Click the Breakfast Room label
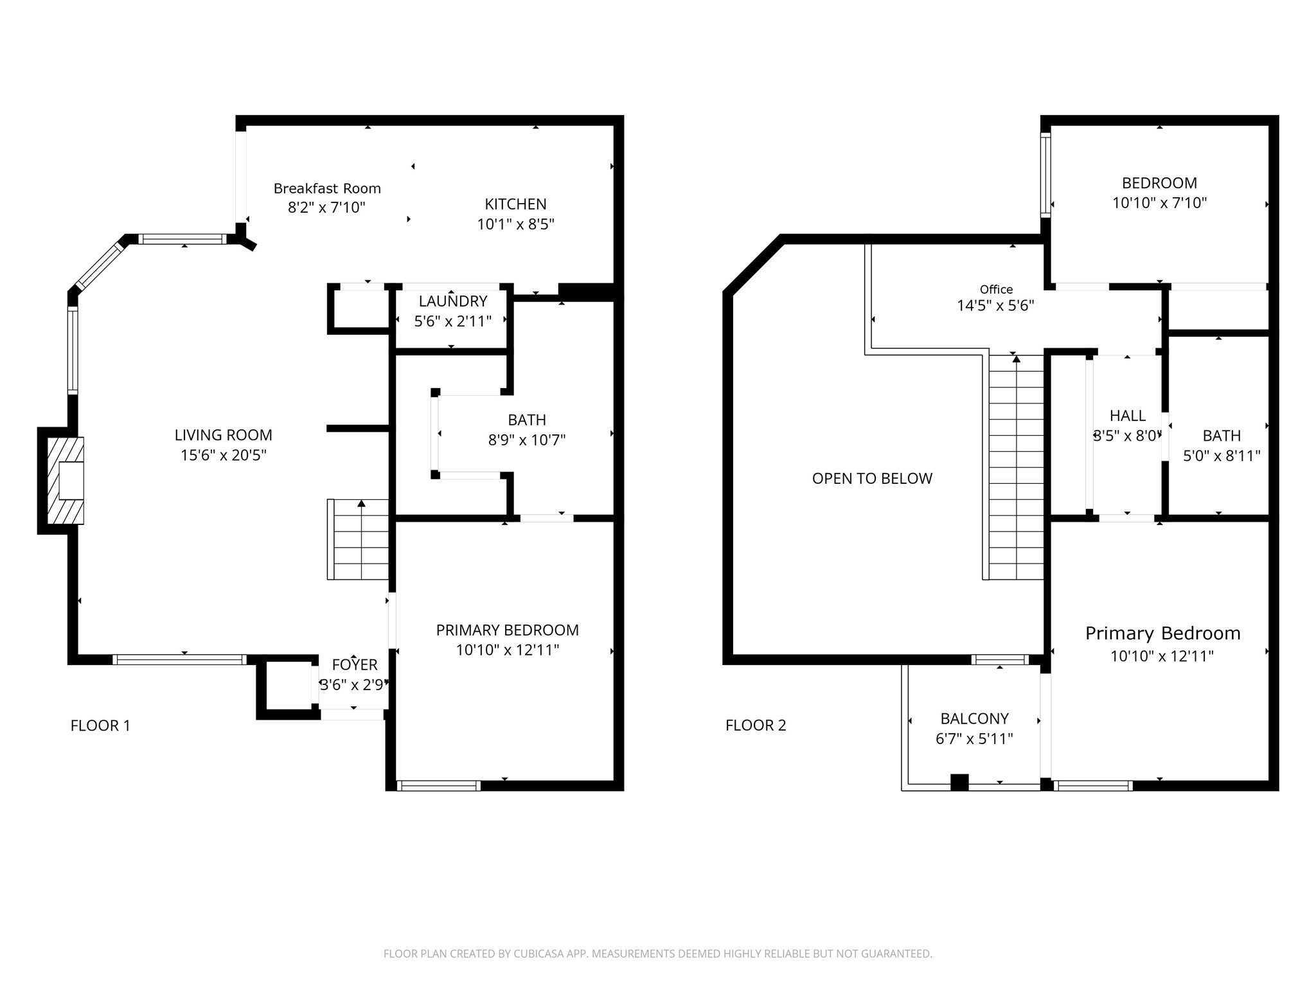tap(327, 188)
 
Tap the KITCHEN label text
tap(515, 204)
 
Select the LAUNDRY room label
tap(453, 301)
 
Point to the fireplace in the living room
tap(66, 480)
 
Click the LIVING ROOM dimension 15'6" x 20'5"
tap(224, 456)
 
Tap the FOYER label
tap(355, 664)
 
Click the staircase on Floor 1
tap(359, 540)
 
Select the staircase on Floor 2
tap(1016, 467)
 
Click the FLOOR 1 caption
tap(100, 725)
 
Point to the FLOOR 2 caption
tap(756, 725)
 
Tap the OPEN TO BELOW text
tap(872, 479)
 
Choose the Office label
tap(996, 290)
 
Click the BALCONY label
tap(974, 718)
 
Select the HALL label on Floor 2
tap(1128, 416)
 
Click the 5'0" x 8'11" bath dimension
tap(1222, 456)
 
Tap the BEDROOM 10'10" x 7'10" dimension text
tap(1160, 203)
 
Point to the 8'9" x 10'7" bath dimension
tap(527, 440)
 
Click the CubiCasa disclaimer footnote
tap(658, 954)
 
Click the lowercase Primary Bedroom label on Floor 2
tap(1162, 634)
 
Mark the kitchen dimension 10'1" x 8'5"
tap(515, 224)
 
